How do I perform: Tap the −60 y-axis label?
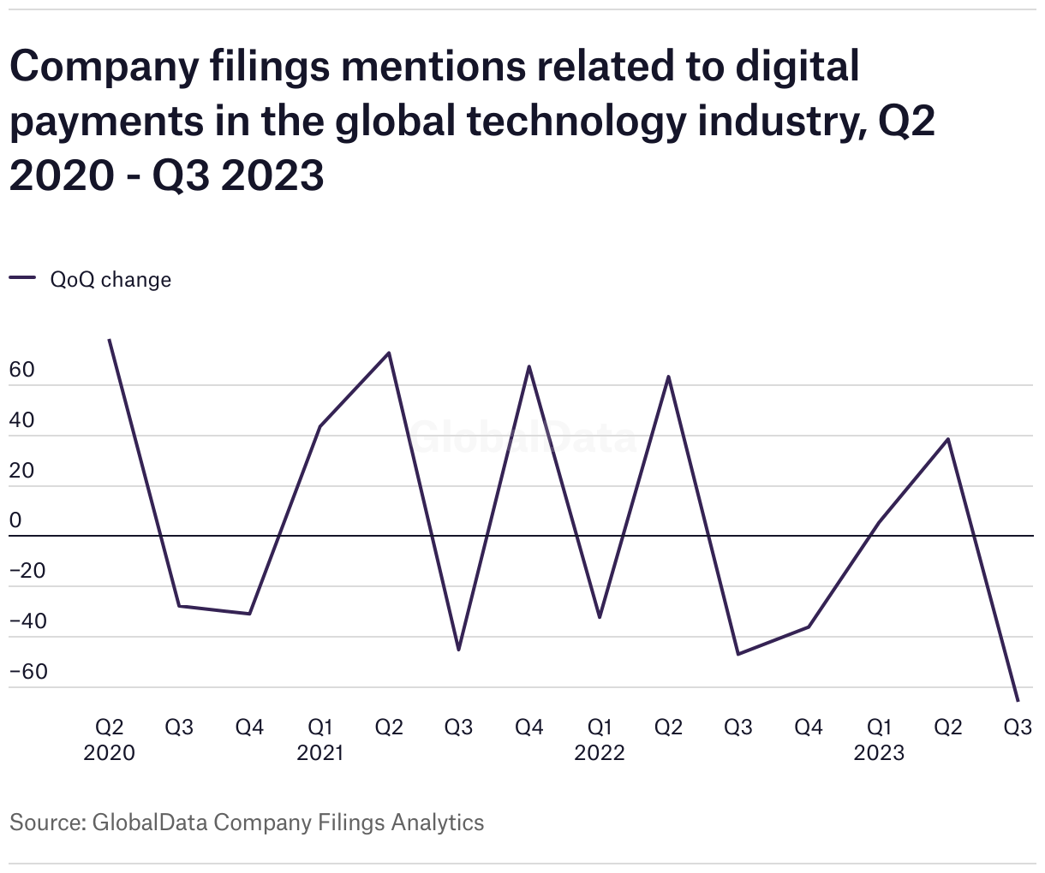[x=28, y=672]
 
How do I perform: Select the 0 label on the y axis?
[x=15, y=521]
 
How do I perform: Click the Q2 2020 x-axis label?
[x=109, y=739]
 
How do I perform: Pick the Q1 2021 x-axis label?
[x=319, y=739]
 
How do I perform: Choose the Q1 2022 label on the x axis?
[x=600, y=739]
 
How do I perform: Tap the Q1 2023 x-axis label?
[x=879, y=739]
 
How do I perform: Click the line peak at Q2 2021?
[x=390, y=353]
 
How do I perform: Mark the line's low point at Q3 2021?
[x=459, y=650]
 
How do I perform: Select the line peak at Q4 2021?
[x=529, y=366]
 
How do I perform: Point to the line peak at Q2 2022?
[x=669, y=377]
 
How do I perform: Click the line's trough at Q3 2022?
[x=738, y=655]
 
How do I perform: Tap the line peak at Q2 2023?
[x=948, y=439]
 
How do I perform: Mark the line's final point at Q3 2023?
[x=1018, y=701]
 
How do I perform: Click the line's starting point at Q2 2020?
[x=109, y=340]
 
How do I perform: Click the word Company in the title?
[x=95, y=68]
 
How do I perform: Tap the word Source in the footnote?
[x=45, y=823]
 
